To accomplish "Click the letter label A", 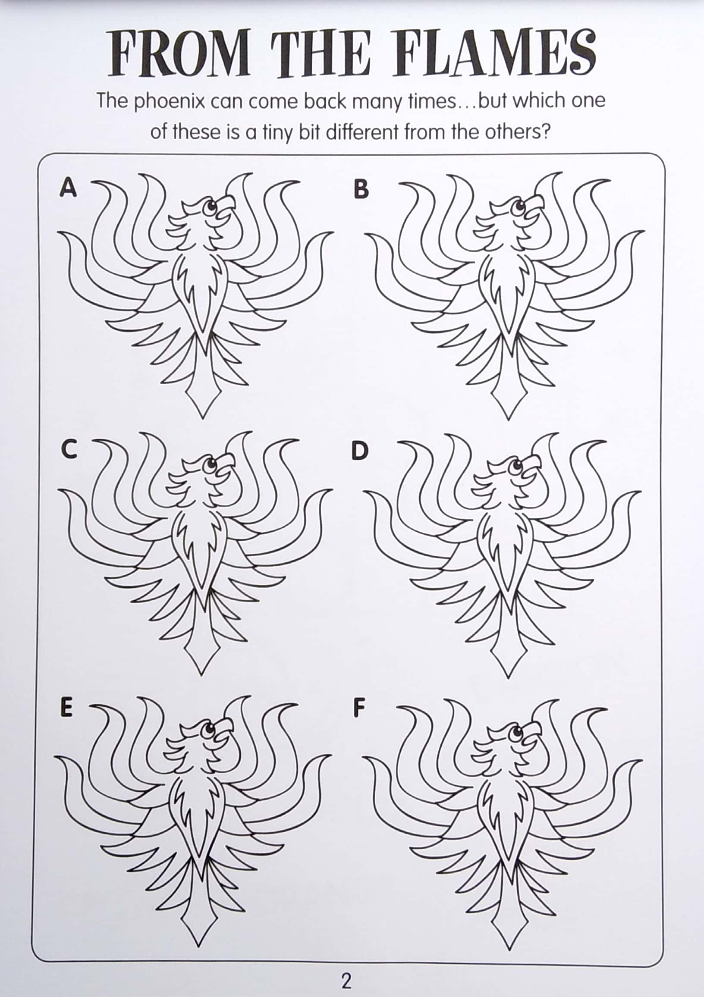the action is [68, 188].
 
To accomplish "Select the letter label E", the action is [66, 708].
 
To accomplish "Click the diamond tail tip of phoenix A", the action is [202, 398].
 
